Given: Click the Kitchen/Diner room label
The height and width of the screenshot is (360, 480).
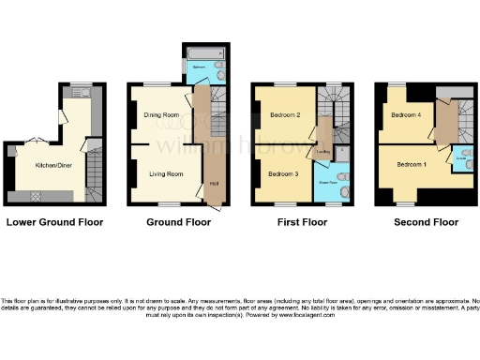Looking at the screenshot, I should [52, 165].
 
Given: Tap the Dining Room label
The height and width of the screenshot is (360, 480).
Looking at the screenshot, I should [160, 115].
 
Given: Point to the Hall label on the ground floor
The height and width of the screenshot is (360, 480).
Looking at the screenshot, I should [214, 182].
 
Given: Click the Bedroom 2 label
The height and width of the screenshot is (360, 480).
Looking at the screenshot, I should [284, 115].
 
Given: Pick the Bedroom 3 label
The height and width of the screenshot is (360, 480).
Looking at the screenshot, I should [283, 173].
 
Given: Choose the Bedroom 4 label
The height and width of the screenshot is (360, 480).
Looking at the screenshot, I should [405, 115].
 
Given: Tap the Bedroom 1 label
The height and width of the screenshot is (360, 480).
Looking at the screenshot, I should [411, 165].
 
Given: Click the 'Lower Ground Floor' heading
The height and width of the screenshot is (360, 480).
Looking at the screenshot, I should [54, 222].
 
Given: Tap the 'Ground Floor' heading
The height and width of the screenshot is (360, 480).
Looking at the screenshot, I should [177, 222].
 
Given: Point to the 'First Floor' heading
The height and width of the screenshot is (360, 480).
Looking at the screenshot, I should [301, 222].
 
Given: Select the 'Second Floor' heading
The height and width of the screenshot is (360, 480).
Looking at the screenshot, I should [422, 222].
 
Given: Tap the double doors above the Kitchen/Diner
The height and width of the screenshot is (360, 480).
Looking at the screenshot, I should [37, 140].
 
